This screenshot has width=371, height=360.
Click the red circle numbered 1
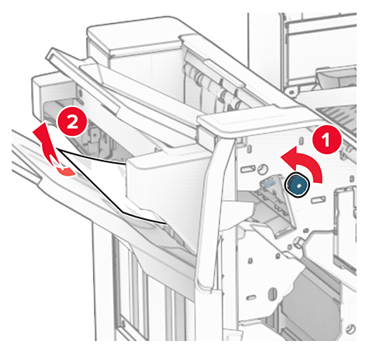pos(326,140)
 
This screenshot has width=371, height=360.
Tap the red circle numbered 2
pos(73,121)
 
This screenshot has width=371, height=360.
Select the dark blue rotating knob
pos(298,185)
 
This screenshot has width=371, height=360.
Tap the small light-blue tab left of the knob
pos(270,183)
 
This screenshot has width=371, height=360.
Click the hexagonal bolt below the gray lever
pos(298,242)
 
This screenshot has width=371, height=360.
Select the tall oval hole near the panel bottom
pos(273,292)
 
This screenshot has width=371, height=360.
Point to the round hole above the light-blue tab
pos(263,168)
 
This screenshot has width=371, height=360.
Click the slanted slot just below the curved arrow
pos(318,199)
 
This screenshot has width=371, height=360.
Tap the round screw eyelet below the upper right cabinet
pos(291,91)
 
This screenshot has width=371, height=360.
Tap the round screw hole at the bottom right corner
pos(350,329)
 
